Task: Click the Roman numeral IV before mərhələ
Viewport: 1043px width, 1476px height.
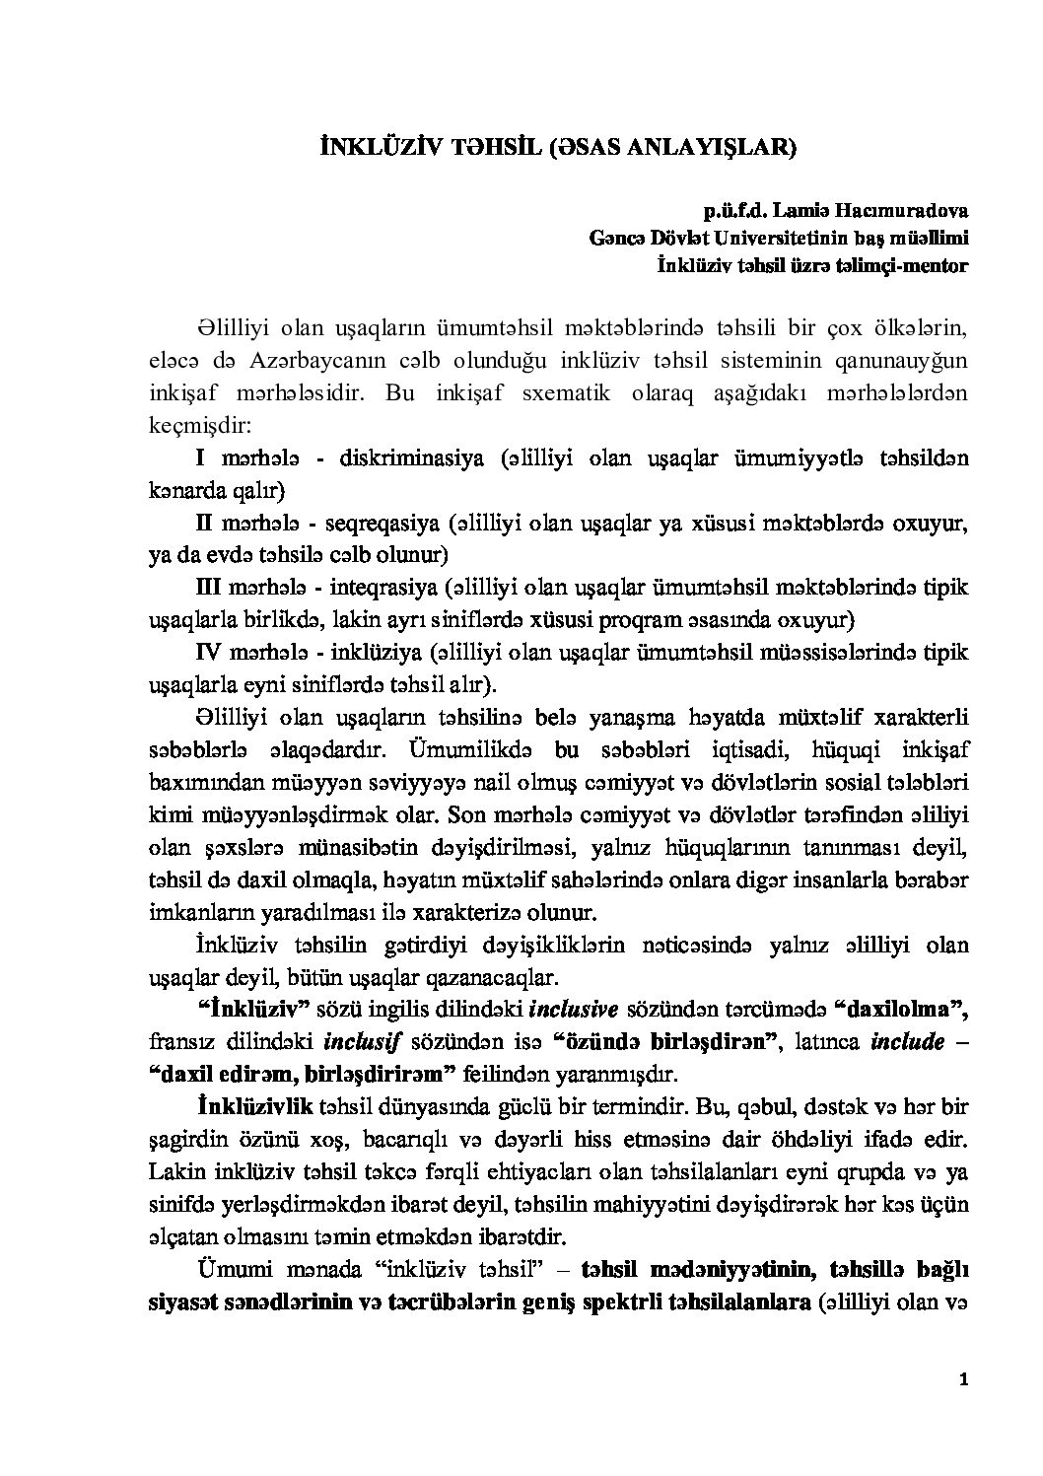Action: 209,653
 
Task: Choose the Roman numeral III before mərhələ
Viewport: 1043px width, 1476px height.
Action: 209,588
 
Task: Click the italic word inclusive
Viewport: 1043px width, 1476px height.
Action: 574,1009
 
